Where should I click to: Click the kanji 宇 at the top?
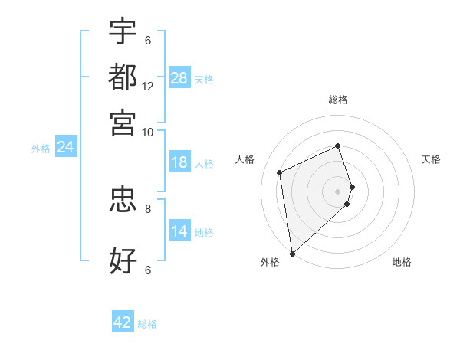pyautogui.click(x=123, y=31)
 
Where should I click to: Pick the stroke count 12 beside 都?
pyautogui.click(x=148, y=87)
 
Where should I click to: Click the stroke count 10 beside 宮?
pyautogui.click(x=148, y=132)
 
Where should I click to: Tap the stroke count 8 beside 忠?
pyautogui.click(x=148, y=208)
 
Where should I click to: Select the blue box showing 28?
pyautogui.click(x=179, y=77)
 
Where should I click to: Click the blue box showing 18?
pyautogui.click(x=179, y=162)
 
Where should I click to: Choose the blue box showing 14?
pyautogui.click(x=179, y=231)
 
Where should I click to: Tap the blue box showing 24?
pyautogui.click(x=65, y=147)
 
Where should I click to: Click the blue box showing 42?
pyautogui.click(x=123, y=322)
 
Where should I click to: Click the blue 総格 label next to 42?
pyautogui.click(x=147, y=324)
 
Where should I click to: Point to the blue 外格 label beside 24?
pyautogui.click(x=40, y=149)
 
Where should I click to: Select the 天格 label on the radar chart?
pyautogui.click(x=431, y=159)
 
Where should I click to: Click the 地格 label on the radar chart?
pyautogui.click(x=402, y=262)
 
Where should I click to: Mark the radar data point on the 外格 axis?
pyautogui.click(x=292, y=253)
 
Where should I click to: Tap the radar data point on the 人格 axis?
pyautogui.click(x=280, y=172)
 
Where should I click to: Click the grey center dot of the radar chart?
pyautogui.click(x=338, y=191)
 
